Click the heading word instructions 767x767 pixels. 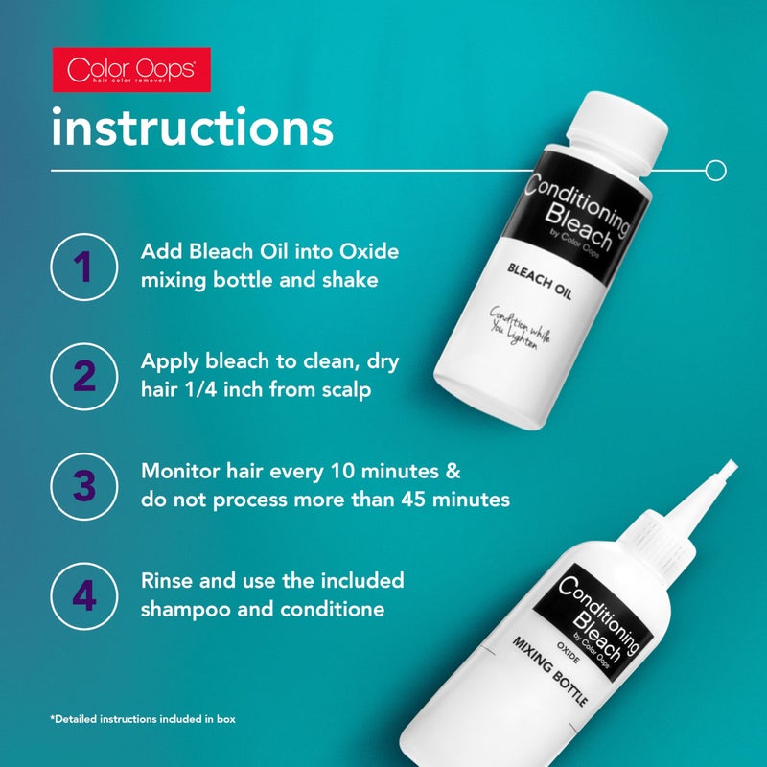(192, 128)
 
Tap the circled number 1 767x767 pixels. (84, 266)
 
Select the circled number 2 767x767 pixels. (84, 376)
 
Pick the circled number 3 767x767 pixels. (84, 485)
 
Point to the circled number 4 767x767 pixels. (84, 595)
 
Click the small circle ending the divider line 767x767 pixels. (714, 171)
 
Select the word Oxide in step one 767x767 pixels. (365, 251)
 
